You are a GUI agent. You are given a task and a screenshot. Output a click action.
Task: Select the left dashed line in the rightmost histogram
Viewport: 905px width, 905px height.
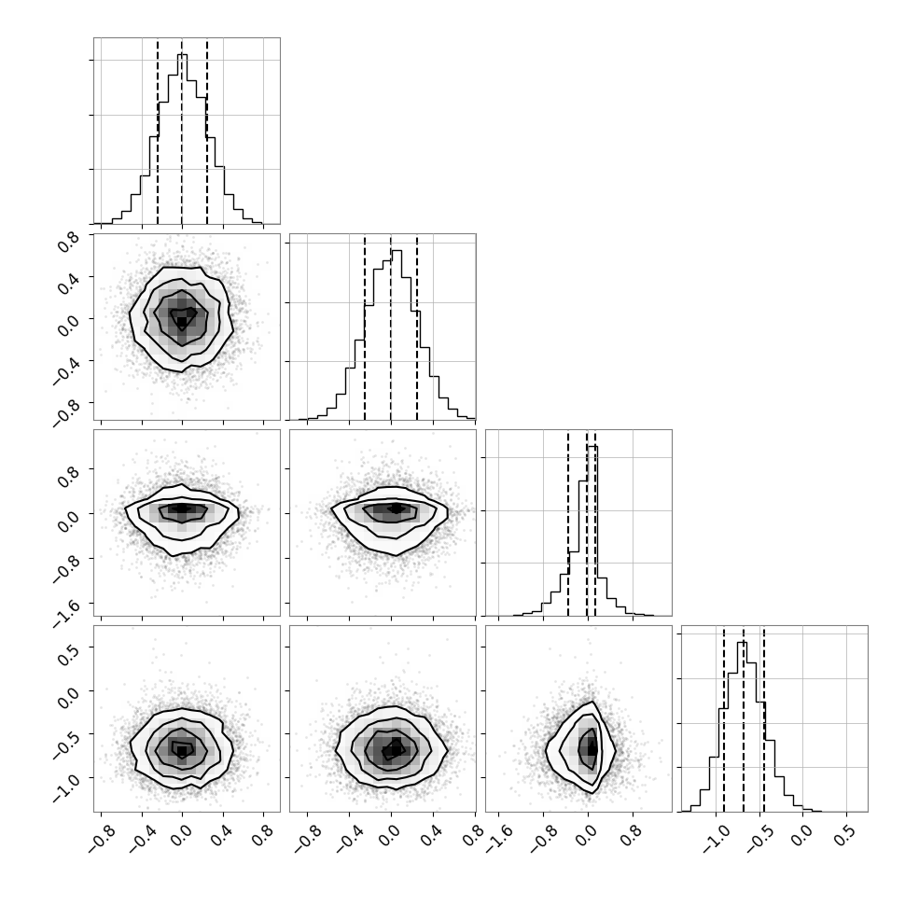724,719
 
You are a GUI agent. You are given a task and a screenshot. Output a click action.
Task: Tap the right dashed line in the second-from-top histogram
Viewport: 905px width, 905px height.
417,327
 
